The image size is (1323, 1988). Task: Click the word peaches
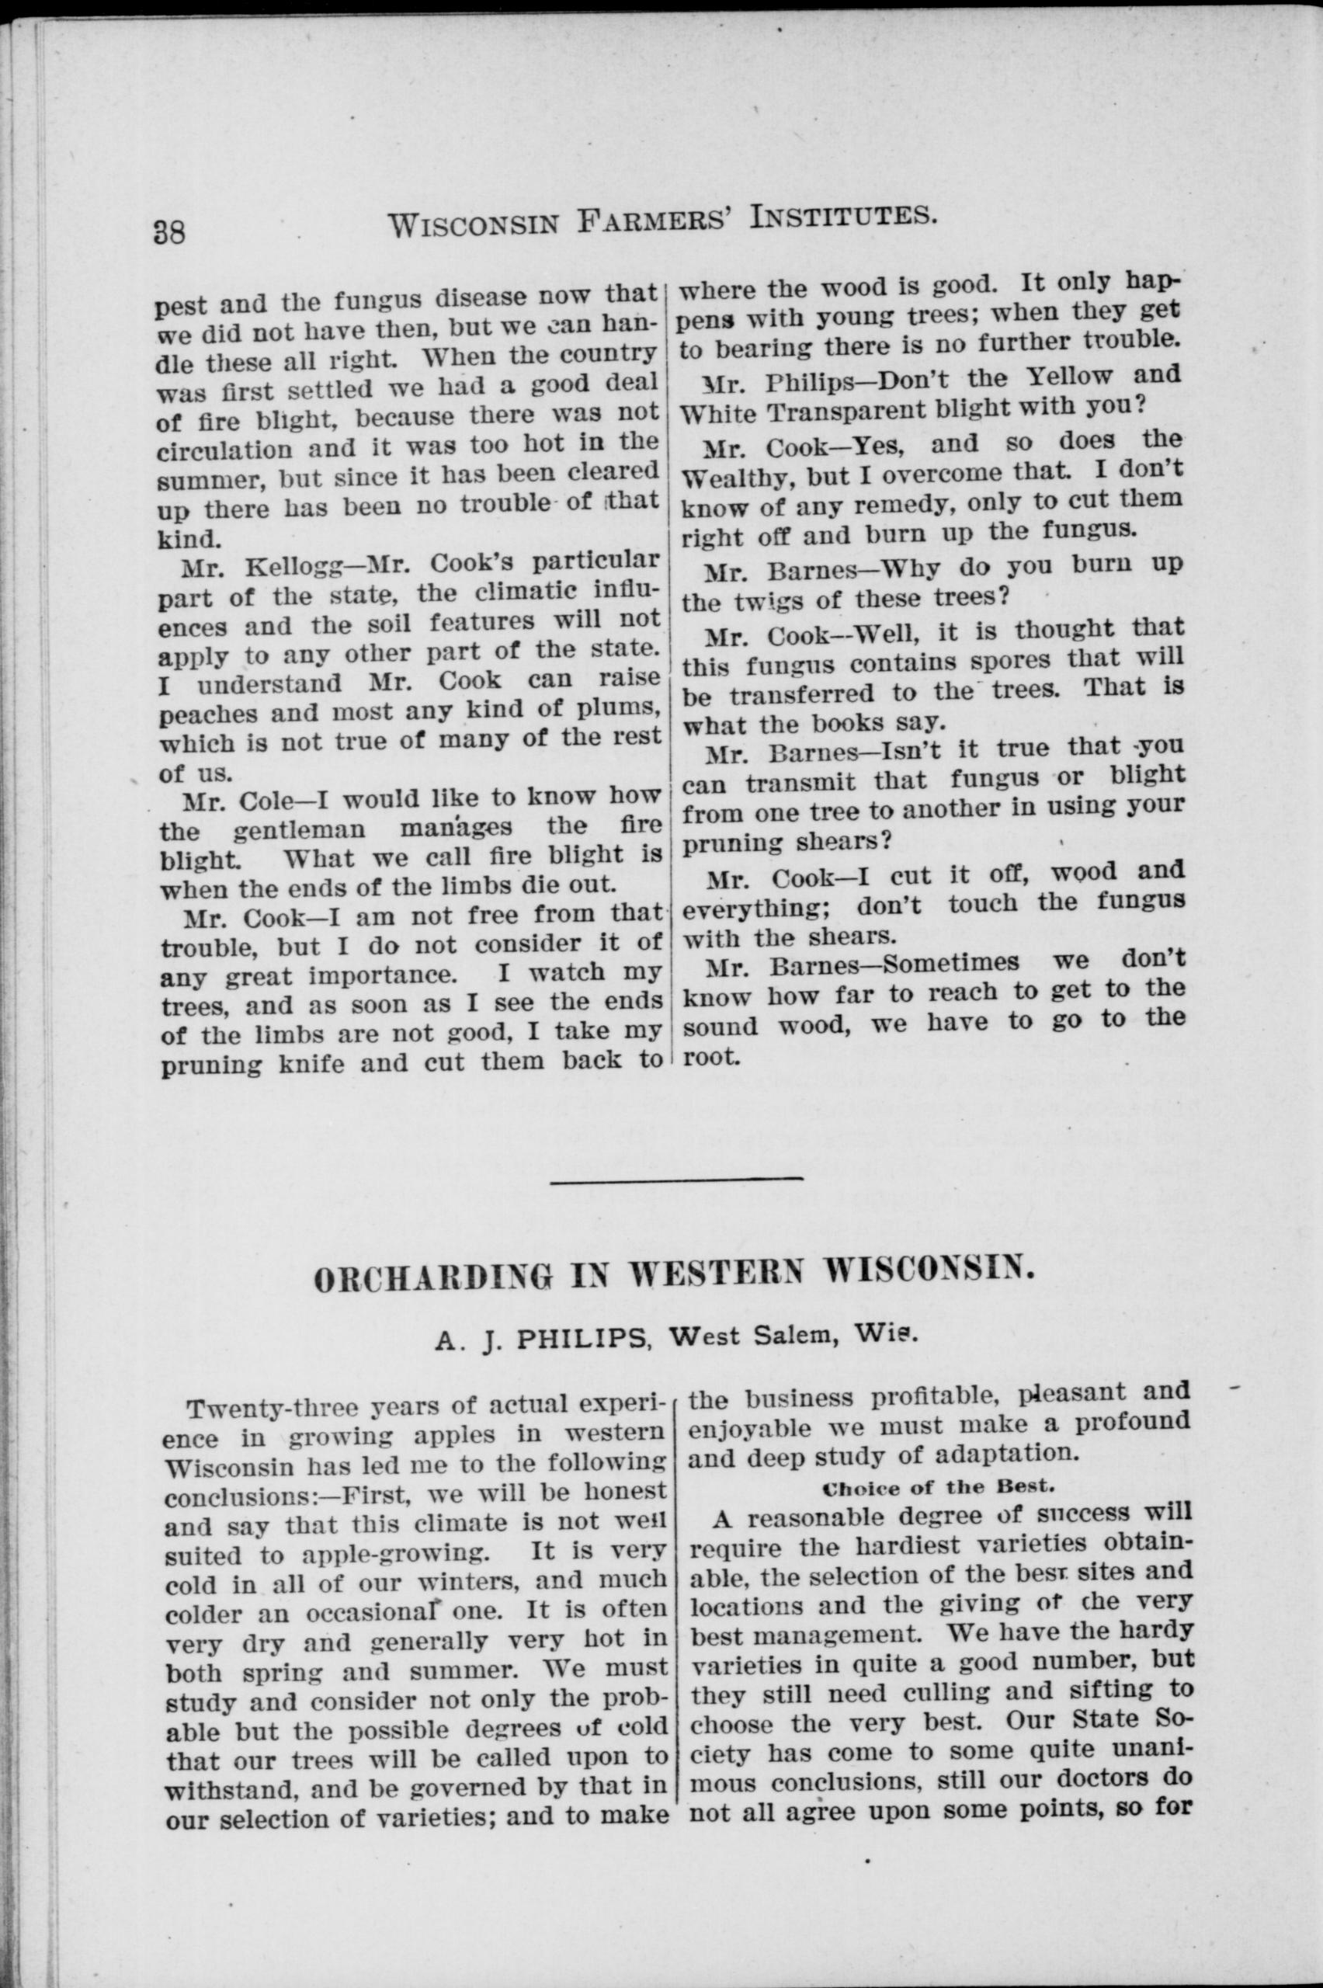click(x=203, y=713)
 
